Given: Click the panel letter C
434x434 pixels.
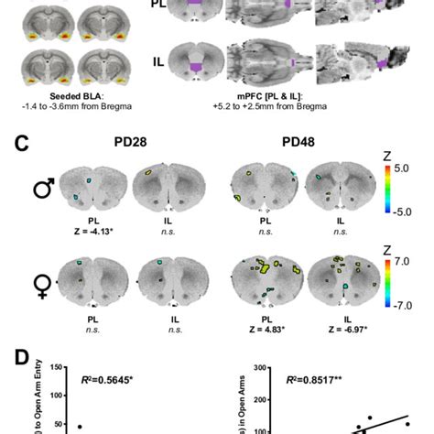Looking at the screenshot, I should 14,146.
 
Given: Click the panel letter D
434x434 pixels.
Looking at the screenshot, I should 14,359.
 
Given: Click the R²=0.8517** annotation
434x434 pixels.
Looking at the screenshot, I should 316,376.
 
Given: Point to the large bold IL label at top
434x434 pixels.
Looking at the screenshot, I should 159,63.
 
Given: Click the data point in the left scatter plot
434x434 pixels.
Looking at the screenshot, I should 80,427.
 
